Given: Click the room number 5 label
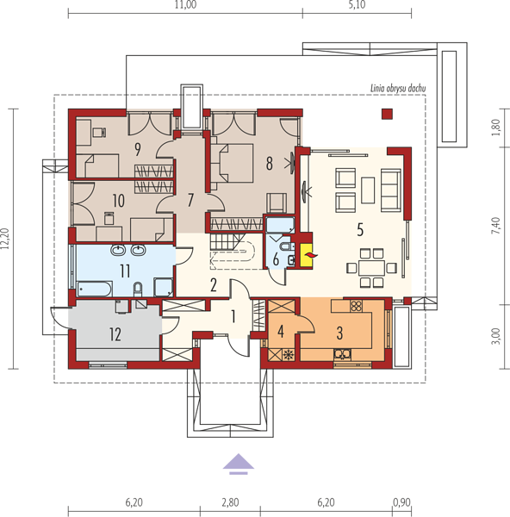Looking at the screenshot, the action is [360, 229].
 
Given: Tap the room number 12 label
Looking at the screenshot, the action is [115, 334].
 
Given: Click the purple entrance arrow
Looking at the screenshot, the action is [239, 464].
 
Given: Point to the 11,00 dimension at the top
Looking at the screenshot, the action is [185, 4].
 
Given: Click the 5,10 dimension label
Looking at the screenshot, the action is [357, 4].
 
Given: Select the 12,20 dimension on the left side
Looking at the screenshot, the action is [5, 239].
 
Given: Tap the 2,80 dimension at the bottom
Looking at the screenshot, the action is [230, 502].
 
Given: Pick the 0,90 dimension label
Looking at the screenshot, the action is [401, 502].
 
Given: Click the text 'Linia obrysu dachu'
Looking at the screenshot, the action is [398, 89].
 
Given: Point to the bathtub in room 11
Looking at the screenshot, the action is [95, 290].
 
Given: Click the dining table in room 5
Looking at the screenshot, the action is [371, 268].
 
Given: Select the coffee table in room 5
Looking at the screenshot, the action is [368, 190].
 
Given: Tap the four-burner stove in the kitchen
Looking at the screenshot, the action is [356, 306].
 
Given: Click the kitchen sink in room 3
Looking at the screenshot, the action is [342, 354].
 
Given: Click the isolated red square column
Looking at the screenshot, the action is [387, 114].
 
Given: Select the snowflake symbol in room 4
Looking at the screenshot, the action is [289, 355].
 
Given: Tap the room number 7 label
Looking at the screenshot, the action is [190, 200].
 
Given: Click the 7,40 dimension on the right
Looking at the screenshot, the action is [496, 226].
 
